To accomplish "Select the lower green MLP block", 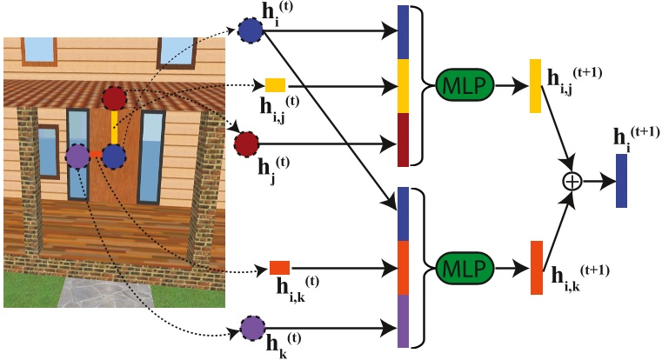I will [x=462, y=265].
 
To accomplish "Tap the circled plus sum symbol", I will [x=572, y=182].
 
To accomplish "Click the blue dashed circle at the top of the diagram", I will [x=251, y=31].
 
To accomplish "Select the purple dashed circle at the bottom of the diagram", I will [x=252, y=328].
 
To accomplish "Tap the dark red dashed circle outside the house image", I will [x=246, y=142].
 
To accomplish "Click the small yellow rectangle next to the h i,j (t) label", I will [x=276, y=84].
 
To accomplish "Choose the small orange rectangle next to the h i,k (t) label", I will [x=280, y=268].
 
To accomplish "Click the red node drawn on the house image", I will [x=114, y=99].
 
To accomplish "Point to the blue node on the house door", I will [x=113, y=157].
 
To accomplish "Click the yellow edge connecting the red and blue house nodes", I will [x=114, y=129].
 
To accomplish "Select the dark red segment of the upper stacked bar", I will [x=402, y=139].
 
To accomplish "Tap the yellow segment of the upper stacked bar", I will [x=402, y=85].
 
